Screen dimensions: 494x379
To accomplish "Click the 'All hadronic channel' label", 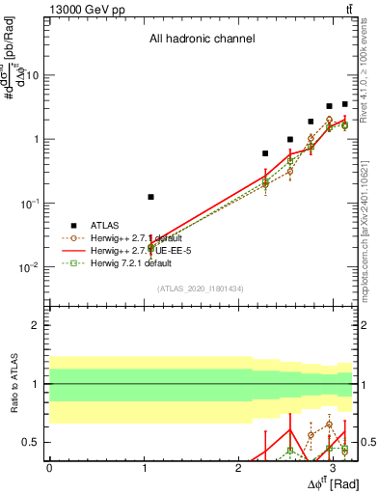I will click(x=202, y=40).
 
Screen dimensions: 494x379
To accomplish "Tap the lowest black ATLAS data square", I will click(x=150, y=197).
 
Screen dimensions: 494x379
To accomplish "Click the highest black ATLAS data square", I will click(x=344, y=104).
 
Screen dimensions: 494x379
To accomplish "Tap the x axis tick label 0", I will click(x=49, y=467).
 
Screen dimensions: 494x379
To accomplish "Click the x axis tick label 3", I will click(x=333, y=467).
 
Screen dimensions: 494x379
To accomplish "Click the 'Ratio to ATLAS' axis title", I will click(x=13, y=385).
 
